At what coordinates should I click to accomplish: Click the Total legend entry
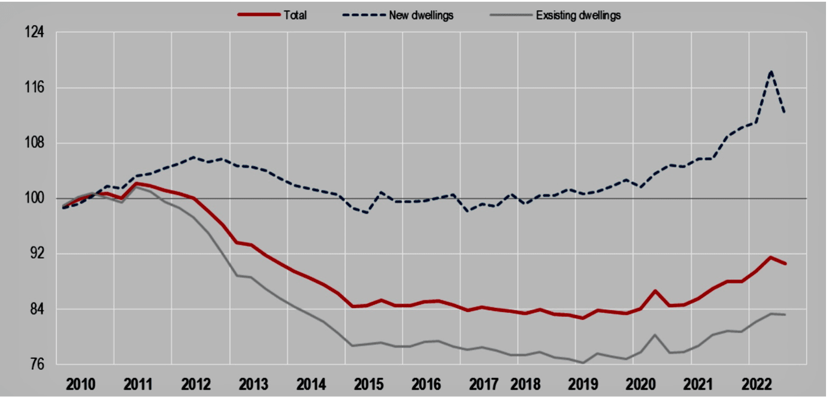click(x=295, y=16)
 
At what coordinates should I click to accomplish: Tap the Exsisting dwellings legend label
click(x=578, y=16)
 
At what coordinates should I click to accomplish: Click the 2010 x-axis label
click(x=80, y=383)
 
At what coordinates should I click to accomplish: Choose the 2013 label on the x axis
click(x=254, y=383)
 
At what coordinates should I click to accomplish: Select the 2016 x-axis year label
click(x=426, y=383)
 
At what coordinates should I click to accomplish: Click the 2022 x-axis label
click(x=757, y=383)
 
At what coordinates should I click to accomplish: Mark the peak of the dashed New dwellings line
click(x=771, y=72)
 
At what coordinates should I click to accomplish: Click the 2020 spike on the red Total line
click(x=655, y=291)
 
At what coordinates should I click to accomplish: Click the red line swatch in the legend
click(x=259, y=16)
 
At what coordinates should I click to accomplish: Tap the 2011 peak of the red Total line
click(x=137, y=183)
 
